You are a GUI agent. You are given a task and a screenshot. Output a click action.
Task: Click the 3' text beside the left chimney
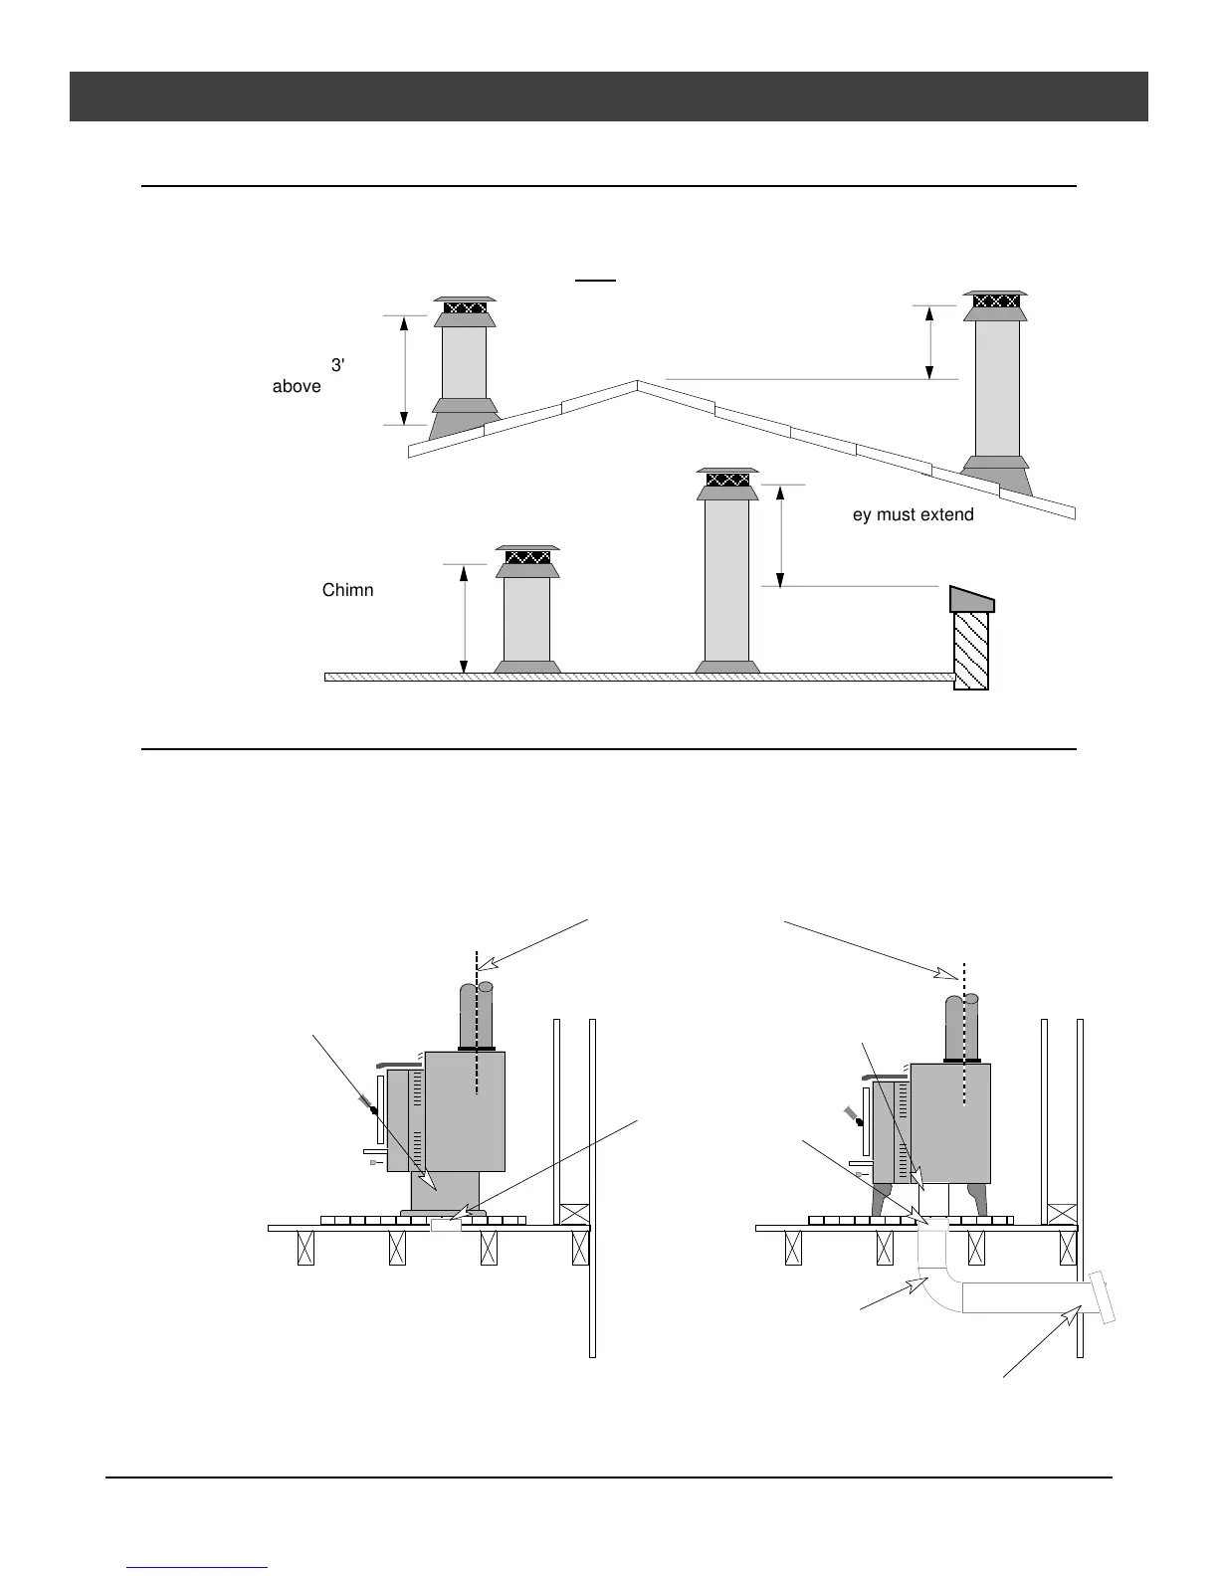pyautogui.click(x=337, y=365)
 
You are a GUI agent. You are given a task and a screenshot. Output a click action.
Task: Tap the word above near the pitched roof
pyautogui.click(x=297, y=386)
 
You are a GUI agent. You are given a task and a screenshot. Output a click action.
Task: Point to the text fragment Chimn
pyautogui.click(x=347, y=590)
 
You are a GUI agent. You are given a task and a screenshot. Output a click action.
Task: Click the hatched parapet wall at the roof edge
pyautogui.click(x=971, y=650)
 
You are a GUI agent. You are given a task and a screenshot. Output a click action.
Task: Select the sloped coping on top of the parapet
pyautogui.click(x=971, y=599)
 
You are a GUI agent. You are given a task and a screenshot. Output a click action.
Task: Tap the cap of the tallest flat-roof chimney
pyautogui.click(x=727, y=480)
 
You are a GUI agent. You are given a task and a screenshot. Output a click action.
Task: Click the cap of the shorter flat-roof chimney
pyautogui.click(x=527, y=557)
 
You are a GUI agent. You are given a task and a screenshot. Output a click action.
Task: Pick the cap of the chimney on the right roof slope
pyautogui.click(x=996, y=300)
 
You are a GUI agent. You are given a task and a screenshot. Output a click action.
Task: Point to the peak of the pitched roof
pyautogui.click(x=637, y=382)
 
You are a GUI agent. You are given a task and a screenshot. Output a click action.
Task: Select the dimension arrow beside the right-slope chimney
pyautogui.click(x=929, y=342)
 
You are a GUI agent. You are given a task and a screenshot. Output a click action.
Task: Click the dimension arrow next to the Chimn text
pyautogui.click(x=463, y=618)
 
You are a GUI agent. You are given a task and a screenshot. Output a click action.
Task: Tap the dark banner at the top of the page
pyautogui.click(x=608, y=97)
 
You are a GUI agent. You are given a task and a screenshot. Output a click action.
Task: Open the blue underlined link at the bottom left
pyautogui.click(x=198, y=1567)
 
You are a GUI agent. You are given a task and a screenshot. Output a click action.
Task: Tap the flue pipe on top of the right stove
pyautogui.click(x=960, y=1025)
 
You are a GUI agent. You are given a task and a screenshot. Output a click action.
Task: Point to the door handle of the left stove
pyautogui.click(x=367, y=1104)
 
